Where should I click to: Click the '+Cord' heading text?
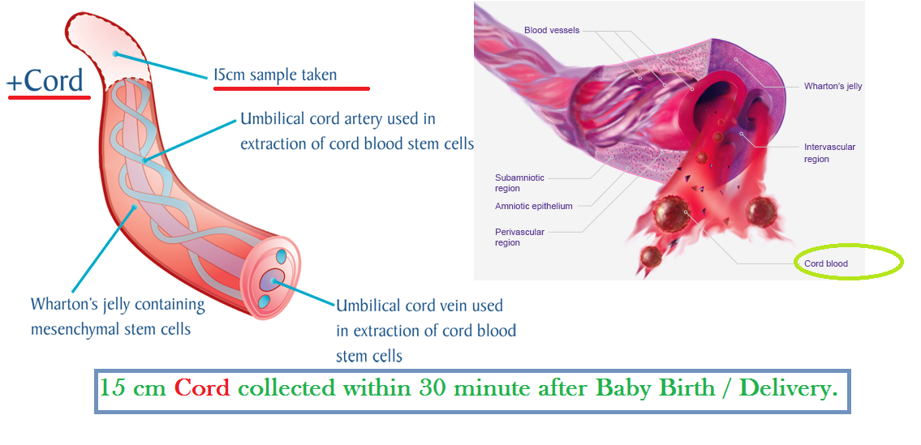(45, 81)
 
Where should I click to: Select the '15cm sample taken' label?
(275, 75)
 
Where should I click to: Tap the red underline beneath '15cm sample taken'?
(291, 88)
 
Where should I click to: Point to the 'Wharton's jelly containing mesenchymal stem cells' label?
(118, 316)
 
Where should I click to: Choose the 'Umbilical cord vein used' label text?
(420, 306)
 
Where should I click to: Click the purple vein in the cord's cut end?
(273, 280)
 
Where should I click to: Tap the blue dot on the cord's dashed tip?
(116, 54)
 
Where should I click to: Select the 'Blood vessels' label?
(552, 30)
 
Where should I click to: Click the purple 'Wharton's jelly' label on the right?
(833, 86)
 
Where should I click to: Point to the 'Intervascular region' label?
(829, 152)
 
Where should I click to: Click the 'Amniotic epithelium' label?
(533, 206)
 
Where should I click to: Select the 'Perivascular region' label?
(519, 237)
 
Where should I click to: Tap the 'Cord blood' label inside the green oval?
(826, 263)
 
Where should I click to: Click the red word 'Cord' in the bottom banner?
(202, 388)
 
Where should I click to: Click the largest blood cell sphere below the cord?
(671, 214)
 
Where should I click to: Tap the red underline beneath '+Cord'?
(49, 96)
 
